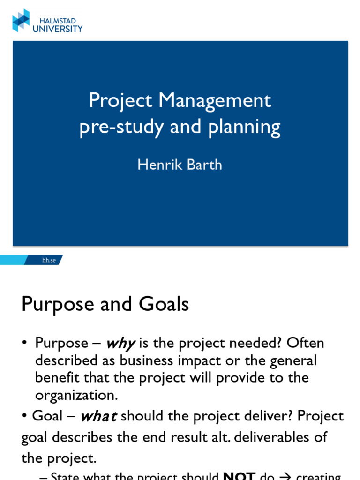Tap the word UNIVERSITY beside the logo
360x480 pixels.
(58, 29)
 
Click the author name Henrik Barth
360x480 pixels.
(180, 165)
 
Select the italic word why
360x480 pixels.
(120, 344)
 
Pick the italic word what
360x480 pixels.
(98, 416)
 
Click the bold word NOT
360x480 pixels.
(240, 477)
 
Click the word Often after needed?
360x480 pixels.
(305, 343)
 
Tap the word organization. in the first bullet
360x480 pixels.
(76, 395)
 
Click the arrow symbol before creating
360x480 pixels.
(285, 477)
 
